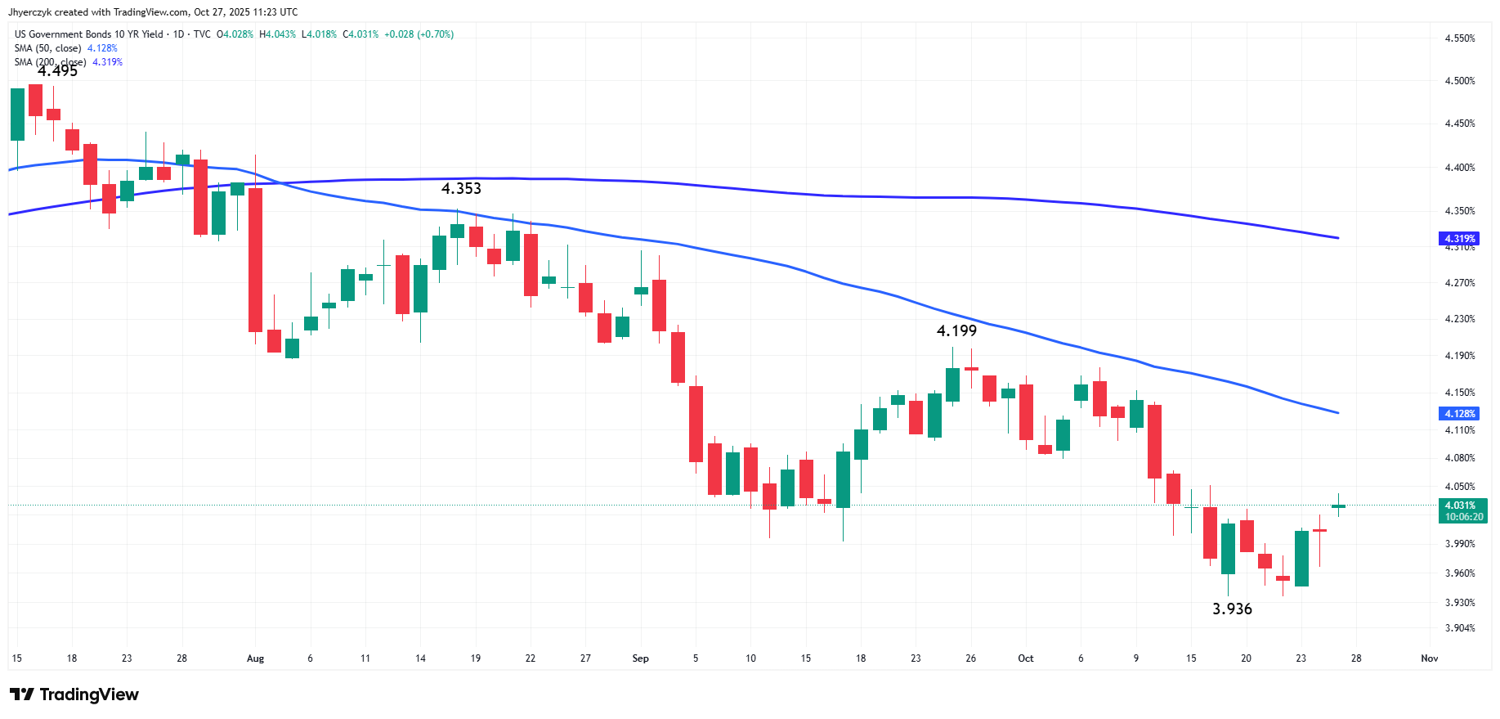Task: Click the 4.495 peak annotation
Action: pyautogui.click(x=57, y=71)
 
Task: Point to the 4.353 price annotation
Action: pyautogui.click(x=461, y=189)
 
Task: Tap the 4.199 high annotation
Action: pyautogui.click(x=956, y=331)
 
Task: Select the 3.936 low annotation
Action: pyautogui.click(x=1232, y=609)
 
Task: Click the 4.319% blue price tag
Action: pyautogui.click(x=1459, y=239)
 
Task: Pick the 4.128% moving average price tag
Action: pyautogui.click(x=1459, y=414)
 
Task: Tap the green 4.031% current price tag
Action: pyautogui.click(x=1462, y=511)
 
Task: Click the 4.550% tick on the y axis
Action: pyautogui.click(x=1460, y=38)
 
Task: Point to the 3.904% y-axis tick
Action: pyautogui.click(x=1460, y=628)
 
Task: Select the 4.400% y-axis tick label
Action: pyautogui.click(x=1460, y=168)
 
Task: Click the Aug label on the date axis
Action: pyautogui.click(x=255, y=658)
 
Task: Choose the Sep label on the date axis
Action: pyautogui.click(x=640, y=658)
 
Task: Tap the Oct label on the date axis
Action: pyautogui.click(x=1025, y=658)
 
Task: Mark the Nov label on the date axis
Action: pyautogui.click(x=1429, y=658)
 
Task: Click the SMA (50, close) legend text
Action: pyautogui.click(x=47, y=48)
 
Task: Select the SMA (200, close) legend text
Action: pyautogui.click(x=50, y=62)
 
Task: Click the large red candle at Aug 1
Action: pyautogui.click(x=255, y=259)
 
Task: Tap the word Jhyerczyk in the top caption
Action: pyautogui.click(x=29, y=12)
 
